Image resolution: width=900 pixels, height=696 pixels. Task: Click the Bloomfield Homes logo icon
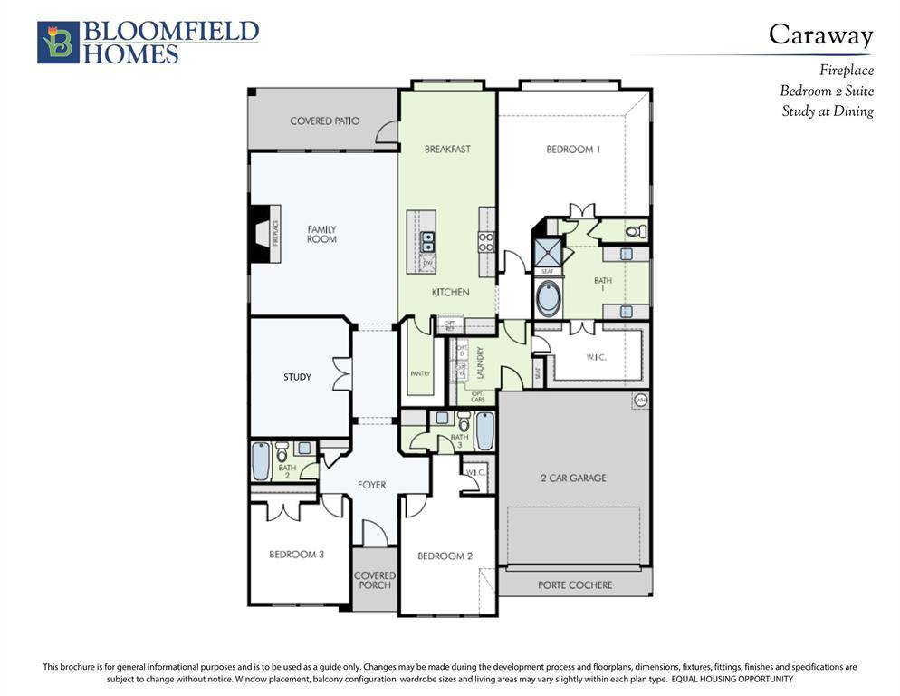tap(58, 43)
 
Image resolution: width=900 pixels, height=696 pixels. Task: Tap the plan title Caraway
tap(820, 35)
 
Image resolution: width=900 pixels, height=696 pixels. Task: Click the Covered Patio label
tap(324, 121)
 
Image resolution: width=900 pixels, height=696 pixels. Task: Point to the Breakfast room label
tap(447, 150)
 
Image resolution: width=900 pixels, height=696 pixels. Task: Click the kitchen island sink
tap(427, 242)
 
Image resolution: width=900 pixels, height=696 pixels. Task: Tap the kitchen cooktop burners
tap(486, 242)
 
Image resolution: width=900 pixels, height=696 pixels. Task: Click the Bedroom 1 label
tap(572, 150)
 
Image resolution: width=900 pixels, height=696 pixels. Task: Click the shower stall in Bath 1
tap(548, 251)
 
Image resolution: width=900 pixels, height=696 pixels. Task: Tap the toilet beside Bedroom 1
tap(636, 232)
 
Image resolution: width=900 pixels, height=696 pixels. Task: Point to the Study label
tap(297, 377)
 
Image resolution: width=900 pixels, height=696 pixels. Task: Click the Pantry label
tap(419, 373)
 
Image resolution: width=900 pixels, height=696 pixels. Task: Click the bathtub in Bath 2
tap(261, 462)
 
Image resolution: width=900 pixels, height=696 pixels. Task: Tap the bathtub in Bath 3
tap(484, 431)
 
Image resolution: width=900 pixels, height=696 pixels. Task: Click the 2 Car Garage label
tap(573, 478)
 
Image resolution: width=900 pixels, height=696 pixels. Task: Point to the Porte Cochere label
tap(575, 585)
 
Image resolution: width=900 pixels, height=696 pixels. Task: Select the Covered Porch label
tap(374, 580)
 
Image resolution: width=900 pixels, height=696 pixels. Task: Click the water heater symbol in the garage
tap(641, 400)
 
